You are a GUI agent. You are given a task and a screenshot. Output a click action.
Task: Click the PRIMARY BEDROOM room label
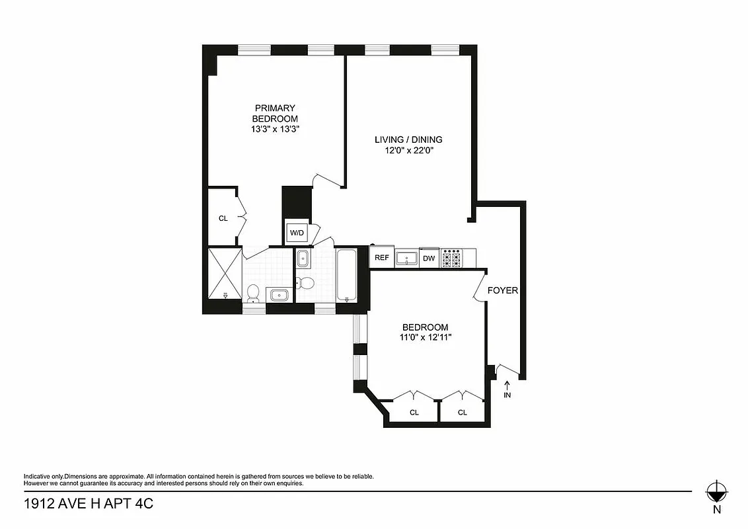(275, 113)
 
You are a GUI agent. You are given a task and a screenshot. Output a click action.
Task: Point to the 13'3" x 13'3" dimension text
(275, 130)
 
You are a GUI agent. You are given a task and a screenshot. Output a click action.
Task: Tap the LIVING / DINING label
(408, 140)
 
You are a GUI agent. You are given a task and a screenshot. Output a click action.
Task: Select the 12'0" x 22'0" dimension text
(408, 151)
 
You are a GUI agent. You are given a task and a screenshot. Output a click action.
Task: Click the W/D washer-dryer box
(297, 233)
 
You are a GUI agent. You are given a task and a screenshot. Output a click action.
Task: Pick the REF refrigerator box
(382, 258)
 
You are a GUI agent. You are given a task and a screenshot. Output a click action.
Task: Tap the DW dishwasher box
(429, 258)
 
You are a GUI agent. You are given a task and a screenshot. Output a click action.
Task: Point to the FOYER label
(502, 290)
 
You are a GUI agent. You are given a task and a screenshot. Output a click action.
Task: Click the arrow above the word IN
(507, 384)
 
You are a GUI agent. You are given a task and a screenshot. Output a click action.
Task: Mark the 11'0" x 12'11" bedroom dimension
(425, 337)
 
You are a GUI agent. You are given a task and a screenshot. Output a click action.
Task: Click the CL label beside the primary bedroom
(223, 218)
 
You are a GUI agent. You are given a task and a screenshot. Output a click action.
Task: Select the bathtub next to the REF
(346, 274)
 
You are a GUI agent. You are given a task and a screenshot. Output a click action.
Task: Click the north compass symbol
(716, 491)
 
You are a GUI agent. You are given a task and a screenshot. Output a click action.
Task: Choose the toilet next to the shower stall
(252, 292)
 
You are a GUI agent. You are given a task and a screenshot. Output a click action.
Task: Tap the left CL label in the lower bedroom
(414, 413)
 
